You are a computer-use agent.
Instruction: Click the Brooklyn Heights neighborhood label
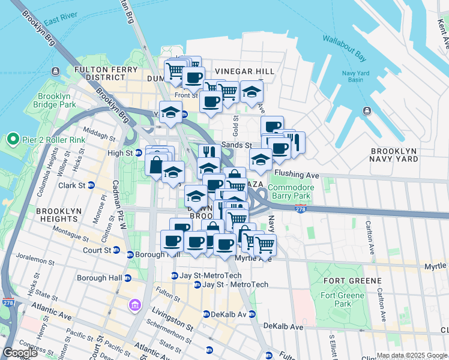59,216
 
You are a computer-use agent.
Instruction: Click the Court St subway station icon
115,250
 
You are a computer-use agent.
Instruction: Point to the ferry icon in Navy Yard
366,110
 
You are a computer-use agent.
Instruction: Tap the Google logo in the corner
20,353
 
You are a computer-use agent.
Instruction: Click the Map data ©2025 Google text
412,355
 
